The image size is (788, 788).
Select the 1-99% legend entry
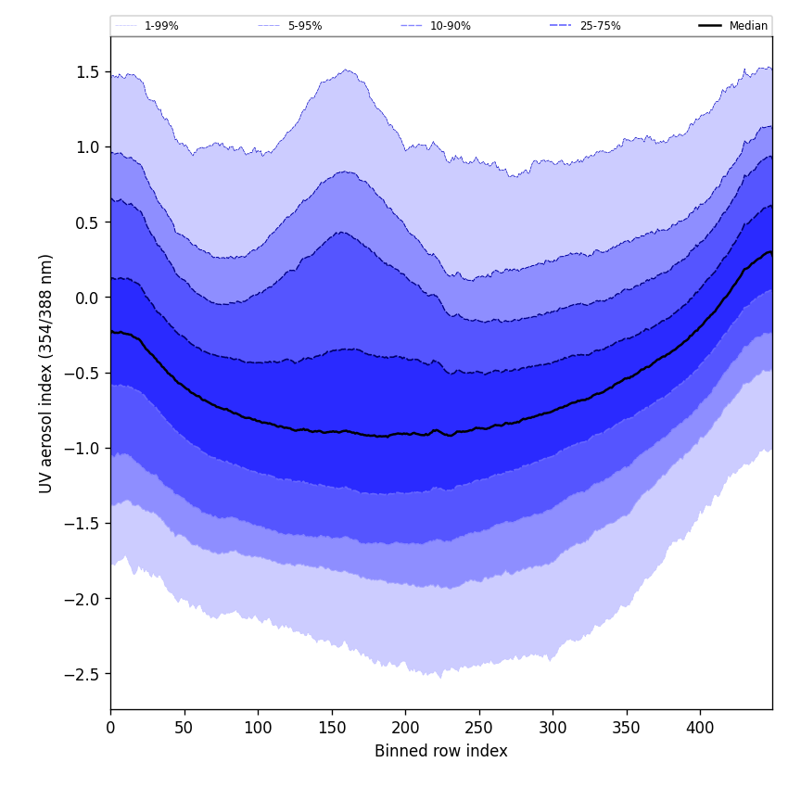pos(161,26)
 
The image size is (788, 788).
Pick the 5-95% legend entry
pos(305,26)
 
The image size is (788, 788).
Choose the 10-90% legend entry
pos(450,26)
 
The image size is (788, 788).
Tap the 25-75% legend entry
pos(600,26)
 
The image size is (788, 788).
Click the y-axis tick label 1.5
pos(89,71)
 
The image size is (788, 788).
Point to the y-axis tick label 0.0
pos(89,298)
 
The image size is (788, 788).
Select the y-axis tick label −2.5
pos(84,674)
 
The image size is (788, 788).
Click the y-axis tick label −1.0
pos(84,448)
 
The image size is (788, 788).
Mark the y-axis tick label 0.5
pos(89,222)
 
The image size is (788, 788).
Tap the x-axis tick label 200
pos(405,728)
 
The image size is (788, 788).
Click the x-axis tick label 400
pos(700,728)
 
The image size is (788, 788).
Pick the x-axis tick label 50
pos(184,728)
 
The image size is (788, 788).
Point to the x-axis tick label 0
pos(110,728)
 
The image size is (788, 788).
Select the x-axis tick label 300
pos(553,728)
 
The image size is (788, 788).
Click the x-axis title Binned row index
pos(441,751)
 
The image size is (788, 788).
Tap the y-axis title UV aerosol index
pos(46,373)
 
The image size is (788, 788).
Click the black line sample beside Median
pos(710,26)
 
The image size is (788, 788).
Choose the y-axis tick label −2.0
pos(84,599)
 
